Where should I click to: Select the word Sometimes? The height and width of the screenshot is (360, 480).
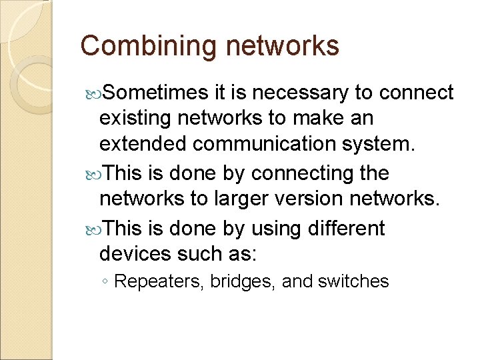147,93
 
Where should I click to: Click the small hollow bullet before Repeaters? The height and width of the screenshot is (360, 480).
106,282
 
